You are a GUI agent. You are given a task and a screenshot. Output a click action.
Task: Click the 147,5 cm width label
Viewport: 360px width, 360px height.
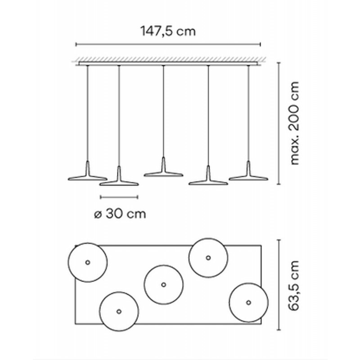(x=168, y=31)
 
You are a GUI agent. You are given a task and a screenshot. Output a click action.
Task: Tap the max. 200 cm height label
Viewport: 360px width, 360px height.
(x=295, y=123)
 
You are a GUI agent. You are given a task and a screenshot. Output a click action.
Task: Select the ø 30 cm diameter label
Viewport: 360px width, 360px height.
(x=120, y=214)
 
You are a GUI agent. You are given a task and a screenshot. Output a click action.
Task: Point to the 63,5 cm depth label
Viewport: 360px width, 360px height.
(x=294, y=286)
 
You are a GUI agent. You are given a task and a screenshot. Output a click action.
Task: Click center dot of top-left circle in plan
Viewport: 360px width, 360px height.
(x=87, y=262)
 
